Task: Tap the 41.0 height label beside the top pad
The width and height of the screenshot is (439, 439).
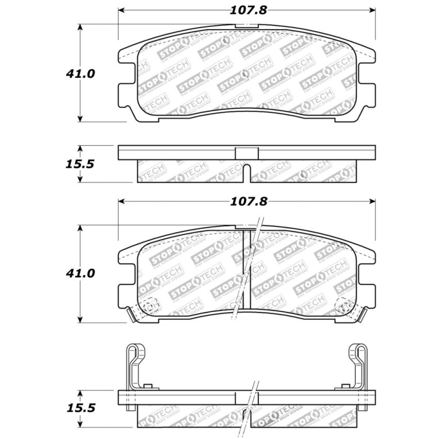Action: [80, 74]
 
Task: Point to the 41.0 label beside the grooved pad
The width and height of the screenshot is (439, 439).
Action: [80, 273]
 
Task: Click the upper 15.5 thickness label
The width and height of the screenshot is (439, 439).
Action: [80, 164]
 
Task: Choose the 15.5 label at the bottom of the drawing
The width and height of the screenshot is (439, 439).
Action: [80, 408]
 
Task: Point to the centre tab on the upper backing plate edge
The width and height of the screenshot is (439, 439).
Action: [247, 153]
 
